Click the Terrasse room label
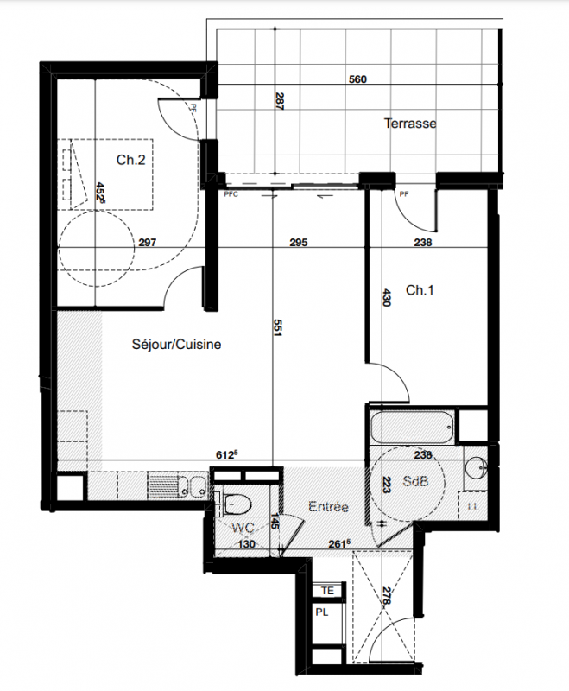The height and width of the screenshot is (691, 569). (x=410, y=124)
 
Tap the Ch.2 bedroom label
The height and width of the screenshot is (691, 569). (x=130, y=160)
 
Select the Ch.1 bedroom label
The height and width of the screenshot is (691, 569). (x=420, y=290)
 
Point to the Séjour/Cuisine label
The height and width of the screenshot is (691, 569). (x=177, y=344)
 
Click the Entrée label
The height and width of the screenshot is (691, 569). (x=329, y=506)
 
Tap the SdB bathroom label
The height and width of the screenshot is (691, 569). (x=415, y=481)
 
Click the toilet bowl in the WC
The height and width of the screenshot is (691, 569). (x=237, y=504)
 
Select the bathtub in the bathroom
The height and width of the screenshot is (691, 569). (x=412, y=427)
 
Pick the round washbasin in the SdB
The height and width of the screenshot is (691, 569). (x=476, y=467)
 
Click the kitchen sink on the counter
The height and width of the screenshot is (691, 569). (x=193, y=486)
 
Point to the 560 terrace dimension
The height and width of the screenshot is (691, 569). (x=357, y=79)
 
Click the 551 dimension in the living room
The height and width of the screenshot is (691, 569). (x=277, y=327)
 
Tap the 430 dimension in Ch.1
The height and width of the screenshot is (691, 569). (x=387, y=297)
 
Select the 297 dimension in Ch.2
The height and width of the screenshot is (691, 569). (x=147, y=243)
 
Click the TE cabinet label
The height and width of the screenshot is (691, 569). (x=327, y=591)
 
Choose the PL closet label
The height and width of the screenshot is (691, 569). (x=322, y=612)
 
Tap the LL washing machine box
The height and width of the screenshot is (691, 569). (x=473, y=507)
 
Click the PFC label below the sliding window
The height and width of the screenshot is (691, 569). (x=231, y=194)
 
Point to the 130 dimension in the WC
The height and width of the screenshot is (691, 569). (x=246, y=544)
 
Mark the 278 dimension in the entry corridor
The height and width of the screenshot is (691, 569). (x=387, y=595)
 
